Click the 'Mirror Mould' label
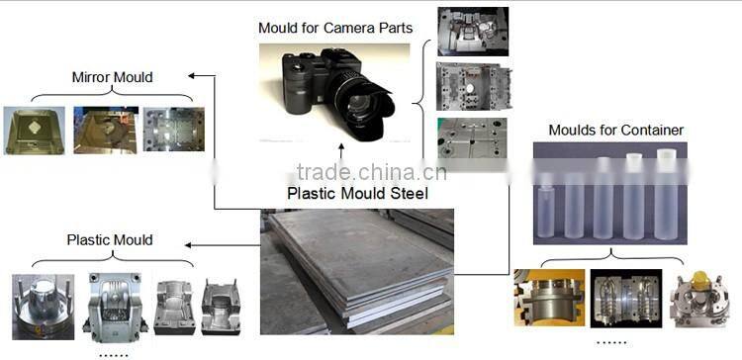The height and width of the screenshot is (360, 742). pos(112,77)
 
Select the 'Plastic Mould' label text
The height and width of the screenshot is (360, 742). pos(109,239)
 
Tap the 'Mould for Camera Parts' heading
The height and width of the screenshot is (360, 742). pos(335,27)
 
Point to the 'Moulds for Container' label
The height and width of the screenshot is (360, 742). pos(616,130)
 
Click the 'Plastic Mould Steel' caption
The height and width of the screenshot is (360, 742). pos(357,193)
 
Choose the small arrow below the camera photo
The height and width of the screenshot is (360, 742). pos(341,152)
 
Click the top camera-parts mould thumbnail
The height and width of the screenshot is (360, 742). pos(472,33)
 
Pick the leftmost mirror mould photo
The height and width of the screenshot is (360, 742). pos(34,132)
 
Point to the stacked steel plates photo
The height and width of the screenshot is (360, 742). pos(356,271)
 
